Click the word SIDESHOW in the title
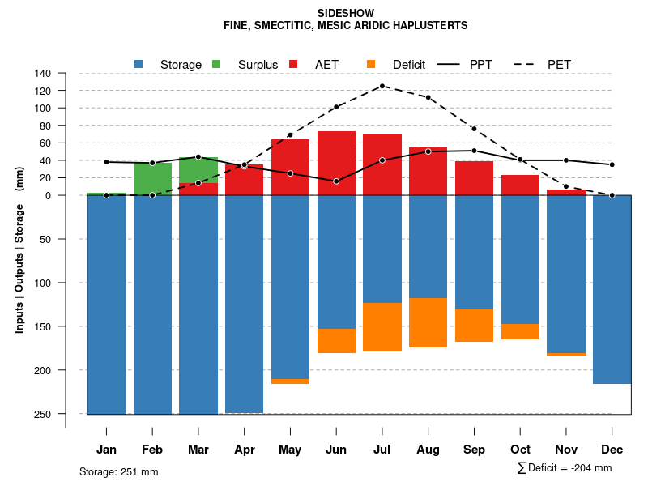coord(346,14)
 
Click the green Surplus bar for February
coord(152,178)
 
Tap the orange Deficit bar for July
coord(382,326)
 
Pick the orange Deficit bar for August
coord(428,322)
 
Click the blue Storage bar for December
coord(612,289)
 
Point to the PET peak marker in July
coord(382,86)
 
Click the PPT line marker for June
coord(336,181)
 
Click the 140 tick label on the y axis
coord(43,73)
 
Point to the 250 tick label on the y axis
coord(43,414)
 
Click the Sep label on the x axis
coord(474,450)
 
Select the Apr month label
coord(244,450)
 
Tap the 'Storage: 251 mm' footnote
coord(118,471)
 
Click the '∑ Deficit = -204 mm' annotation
coord(564,468)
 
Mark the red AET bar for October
coord(520,185)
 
